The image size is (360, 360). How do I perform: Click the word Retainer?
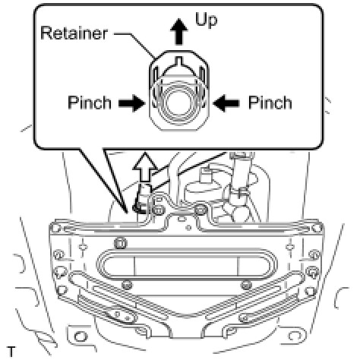pyautogui.click(x=74, y=33)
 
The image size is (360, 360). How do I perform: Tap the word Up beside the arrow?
pyautogui.click(x=206, y=20)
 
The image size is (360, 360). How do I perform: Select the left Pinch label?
pyautogui.click(x=90, y=103)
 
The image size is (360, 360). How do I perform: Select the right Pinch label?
pyautogui.click(x=270, y=103)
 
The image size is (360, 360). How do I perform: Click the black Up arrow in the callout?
pyautogui.click(x=179, y=32)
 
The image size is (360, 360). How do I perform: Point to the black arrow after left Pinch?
pyautogui.click(x=131, y=103)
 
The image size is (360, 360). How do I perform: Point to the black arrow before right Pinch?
pyautogui.click(x=226, y=103)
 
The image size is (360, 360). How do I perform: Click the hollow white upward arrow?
pyautogui.click(x=145, y=167)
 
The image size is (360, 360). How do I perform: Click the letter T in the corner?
pyautogui.click(x=11, y=352)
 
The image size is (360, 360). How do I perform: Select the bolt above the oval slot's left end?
pyautogui.click(x=121, y=244)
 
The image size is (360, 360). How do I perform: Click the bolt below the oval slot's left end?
pyautogui.click(x=127, y=285)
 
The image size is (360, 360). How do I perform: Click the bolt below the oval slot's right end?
pyautogui.click(x=246, y=285)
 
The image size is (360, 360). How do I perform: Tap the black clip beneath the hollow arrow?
pyautogui.click(x=138, y=207)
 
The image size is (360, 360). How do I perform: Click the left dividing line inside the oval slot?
pyautogui.click(x=134, y=267)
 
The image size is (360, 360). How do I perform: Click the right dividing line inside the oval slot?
pyautogui.click(x=238, y=267)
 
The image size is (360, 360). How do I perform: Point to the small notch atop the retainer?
pyautogui.click(x=179, y=60)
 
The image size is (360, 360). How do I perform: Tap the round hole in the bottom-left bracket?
pyautogui.click(x=81, y=336)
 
